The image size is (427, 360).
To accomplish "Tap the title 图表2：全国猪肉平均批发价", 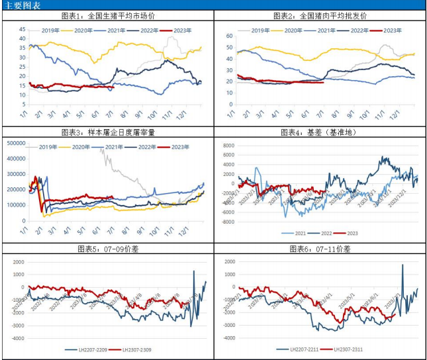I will point(320,16).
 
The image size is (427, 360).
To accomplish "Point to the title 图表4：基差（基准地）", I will point(320,132).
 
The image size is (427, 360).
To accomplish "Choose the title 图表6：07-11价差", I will point(320,248).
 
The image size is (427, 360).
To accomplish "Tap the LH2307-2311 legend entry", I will point(354,349).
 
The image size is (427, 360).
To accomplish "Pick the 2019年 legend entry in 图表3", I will point(54,146).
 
